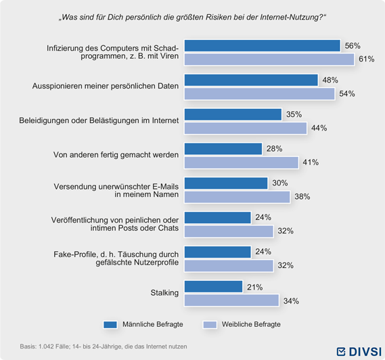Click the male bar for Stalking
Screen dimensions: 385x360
click(213, 286)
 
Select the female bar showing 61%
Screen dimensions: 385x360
click(269, 60)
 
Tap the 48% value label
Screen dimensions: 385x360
click(330, 80)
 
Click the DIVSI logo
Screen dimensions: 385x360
click(359, 351)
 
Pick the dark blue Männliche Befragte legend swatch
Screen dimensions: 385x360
click(110, 325)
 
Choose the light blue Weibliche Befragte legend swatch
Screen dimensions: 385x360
click(210, 325)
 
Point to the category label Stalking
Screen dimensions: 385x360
click(164, 293)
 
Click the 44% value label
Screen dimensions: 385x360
click(319, 128)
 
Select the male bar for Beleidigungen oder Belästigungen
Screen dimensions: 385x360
click(233, 114)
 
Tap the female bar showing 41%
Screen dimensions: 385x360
click(242, 162)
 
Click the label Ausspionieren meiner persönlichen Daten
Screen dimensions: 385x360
click(106, 86)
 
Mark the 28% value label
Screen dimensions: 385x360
click(274, 149)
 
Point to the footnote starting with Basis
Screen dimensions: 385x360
click(104, 346)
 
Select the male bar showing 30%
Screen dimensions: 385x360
click(226, 183)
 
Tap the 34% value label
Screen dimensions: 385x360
click(291, 301)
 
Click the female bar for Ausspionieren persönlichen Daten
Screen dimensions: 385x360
click(260, 94)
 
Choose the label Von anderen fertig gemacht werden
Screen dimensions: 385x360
click(116, 155)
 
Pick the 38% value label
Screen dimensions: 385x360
click(302, 197)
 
